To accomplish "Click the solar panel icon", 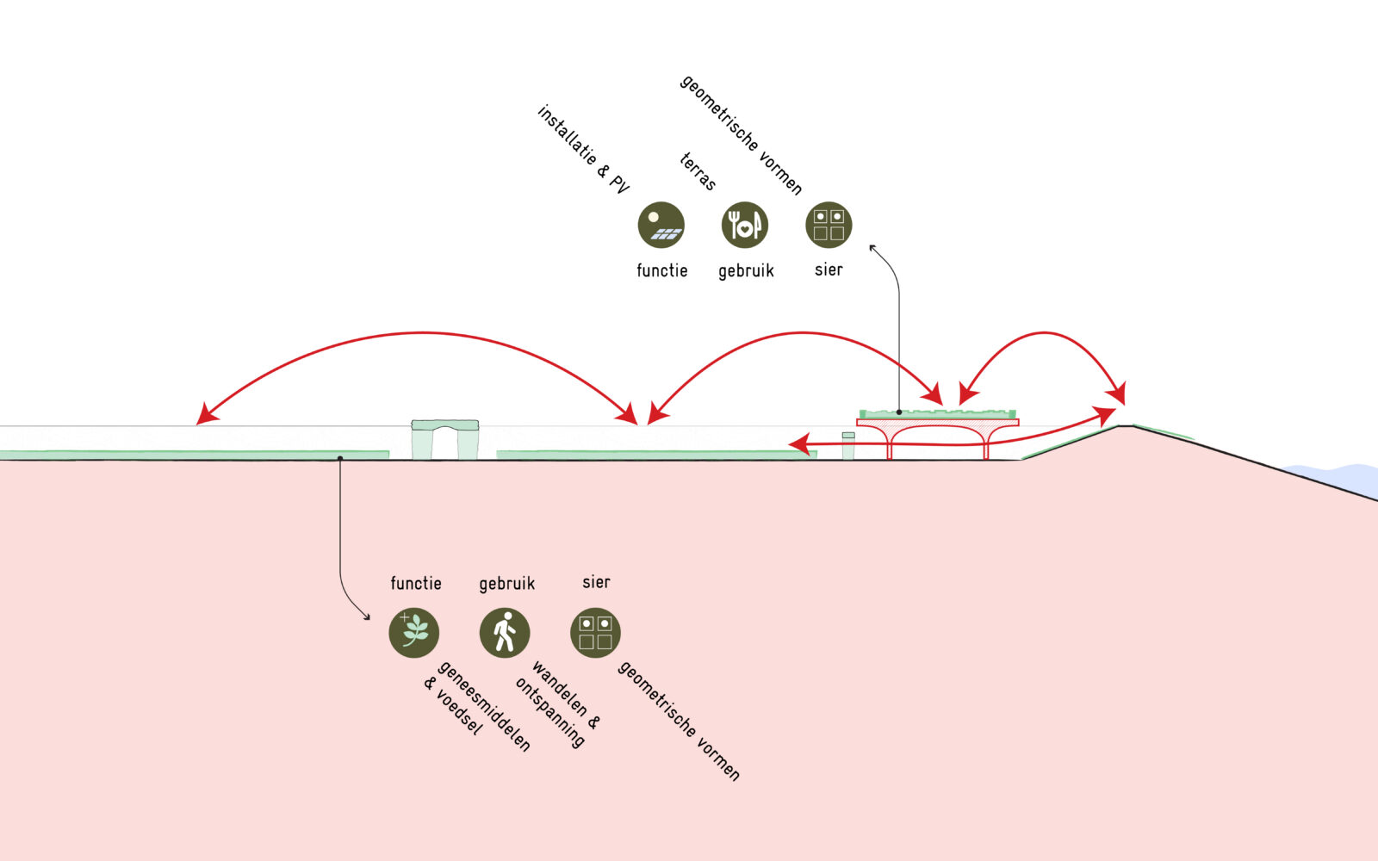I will coord(661,225).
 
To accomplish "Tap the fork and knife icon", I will coord(744,225).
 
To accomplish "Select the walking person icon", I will coord(505,633).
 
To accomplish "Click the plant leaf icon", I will coord(414,633).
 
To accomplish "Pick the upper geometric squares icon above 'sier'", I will coord(829,225).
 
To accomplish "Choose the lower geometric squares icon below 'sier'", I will coord(595,633).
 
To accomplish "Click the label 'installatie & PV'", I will coord(583,149).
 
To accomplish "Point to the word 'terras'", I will coord(698,170).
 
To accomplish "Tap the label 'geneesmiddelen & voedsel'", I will coord(476,704).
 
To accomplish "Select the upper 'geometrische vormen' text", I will coord(742,134).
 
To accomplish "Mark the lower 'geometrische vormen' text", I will coord(679,721).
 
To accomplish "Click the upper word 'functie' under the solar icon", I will coord(661,270).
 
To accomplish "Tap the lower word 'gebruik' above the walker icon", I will coord(506,584).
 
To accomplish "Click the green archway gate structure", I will coord(444,438).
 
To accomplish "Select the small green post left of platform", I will coord(848,446).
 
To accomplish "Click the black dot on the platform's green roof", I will coord(899,412).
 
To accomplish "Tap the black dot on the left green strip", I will coord(340,457).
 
